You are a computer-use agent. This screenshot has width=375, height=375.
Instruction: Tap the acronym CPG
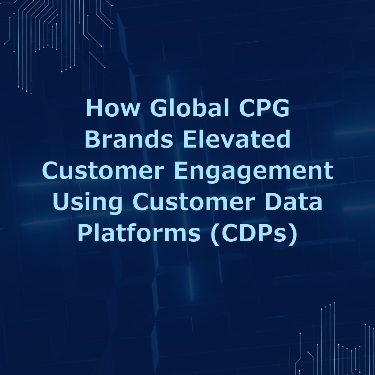coord(264,108)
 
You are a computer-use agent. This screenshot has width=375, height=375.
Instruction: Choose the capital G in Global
coord(158,108)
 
